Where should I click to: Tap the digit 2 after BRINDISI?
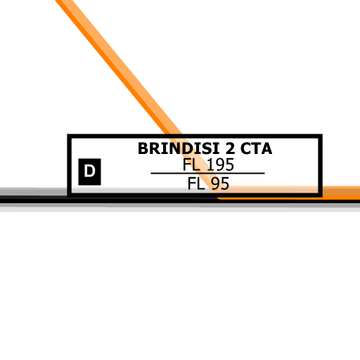point(230,148)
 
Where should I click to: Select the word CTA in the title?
point(256,148)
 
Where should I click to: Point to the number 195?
point(221,165)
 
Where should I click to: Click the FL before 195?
point(191,165)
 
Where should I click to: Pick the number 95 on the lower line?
point(220,184)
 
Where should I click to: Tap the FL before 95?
point(196,184)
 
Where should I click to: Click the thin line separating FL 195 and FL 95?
point(207,174)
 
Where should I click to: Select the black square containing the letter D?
point(89,172)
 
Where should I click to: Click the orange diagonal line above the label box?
point(118,67)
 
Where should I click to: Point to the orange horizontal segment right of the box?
point(341,193)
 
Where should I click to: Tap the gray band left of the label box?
point(34,191)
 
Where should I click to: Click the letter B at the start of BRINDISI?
point(143,148)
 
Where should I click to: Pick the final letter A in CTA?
point(266,148)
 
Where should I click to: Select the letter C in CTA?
point(245,148)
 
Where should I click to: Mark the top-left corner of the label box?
point(67,134)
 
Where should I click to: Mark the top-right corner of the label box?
point(322,134)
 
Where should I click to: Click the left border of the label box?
point(70,165)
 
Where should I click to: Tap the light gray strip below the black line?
point(180,210)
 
